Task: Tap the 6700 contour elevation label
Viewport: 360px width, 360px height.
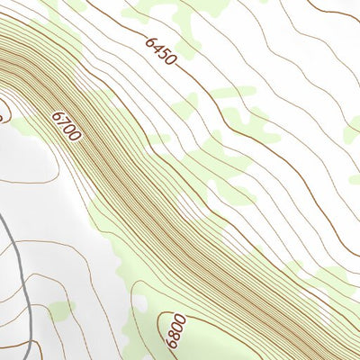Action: click(x=67, y=126)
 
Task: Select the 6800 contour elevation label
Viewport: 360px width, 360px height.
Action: click(x=169, y=329)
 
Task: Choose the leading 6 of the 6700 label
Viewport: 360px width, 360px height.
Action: click(x=58, y=115)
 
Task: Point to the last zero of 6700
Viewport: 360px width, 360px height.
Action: click(x=76, y=137)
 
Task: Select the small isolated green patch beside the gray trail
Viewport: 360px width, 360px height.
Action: click(x=60, y=310)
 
